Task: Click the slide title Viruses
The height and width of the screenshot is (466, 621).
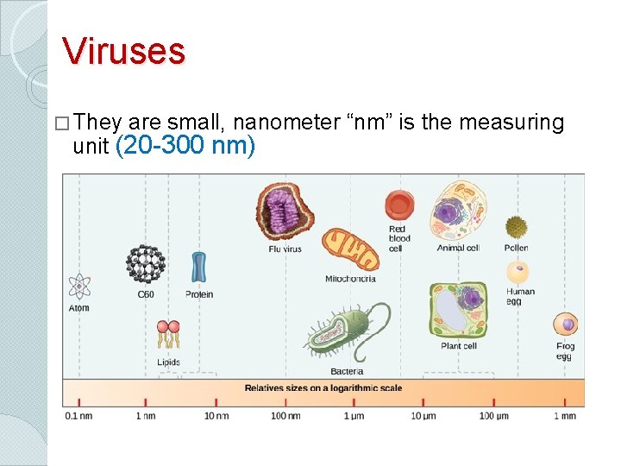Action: click(x=123, y=51)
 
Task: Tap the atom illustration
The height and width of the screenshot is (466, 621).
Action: click(x=79, y=286)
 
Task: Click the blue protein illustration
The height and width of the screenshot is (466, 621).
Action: click(x=199, y=268)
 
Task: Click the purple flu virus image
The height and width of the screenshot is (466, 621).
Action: click(x=285, y=211)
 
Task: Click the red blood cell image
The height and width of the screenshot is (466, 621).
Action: click(x=398, y=206)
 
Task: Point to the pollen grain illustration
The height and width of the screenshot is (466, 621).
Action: click(x=516, y=227)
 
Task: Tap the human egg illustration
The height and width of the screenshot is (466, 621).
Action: click(x=517, y=273)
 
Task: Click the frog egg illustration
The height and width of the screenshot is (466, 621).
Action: click(x=566, y=325)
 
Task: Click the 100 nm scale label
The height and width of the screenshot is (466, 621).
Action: click(x=285, y=416)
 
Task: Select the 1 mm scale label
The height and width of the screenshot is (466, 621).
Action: click(x=564, y=416)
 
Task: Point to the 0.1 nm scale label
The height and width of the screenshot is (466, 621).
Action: click(x=78, y=416)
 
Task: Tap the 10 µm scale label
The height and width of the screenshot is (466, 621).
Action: click(x=423, y=416)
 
